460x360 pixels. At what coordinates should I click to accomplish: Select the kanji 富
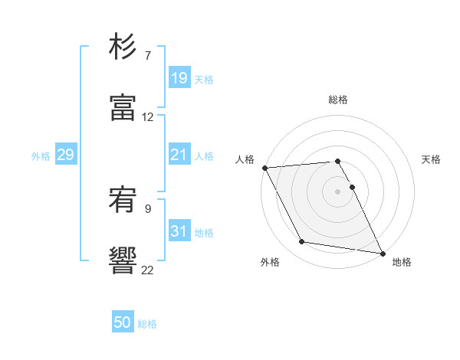point(123,108)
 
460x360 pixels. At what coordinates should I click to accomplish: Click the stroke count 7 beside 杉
point(147,56)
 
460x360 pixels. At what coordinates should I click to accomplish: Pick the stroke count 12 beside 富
point(148,117)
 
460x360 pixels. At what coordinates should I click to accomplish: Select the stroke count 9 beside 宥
point(147,207)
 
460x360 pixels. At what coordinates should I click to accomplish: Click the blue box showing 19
point(179,77)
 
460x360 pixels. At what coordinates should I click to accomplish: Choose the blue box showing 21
point(179,155)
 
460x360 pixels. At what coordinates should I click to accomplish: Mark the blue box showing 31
point(179,231)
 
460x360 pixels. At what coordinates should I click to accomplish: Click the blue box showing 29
point(65,155)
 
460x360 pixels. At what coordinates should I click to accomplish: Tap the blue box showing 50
point(123,323)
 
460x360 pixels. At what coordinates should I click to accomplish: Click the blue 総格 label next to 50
point(148,324)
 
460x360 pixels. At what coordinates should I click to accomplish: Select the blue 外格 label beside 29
point(41,155)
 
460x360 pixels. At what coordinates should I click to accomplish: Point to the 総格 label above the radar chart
point(338,100)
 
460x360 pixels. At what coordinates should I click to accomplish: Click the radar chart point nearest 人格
point(264,168)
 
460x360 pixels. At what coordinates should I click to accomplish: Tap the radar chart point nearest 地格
point(381,253)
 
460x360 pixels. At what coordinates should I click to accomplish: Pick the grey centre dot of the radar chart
point(338,191)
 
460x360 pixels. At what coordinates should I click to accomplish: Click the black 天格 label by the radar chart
point(431,159)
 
